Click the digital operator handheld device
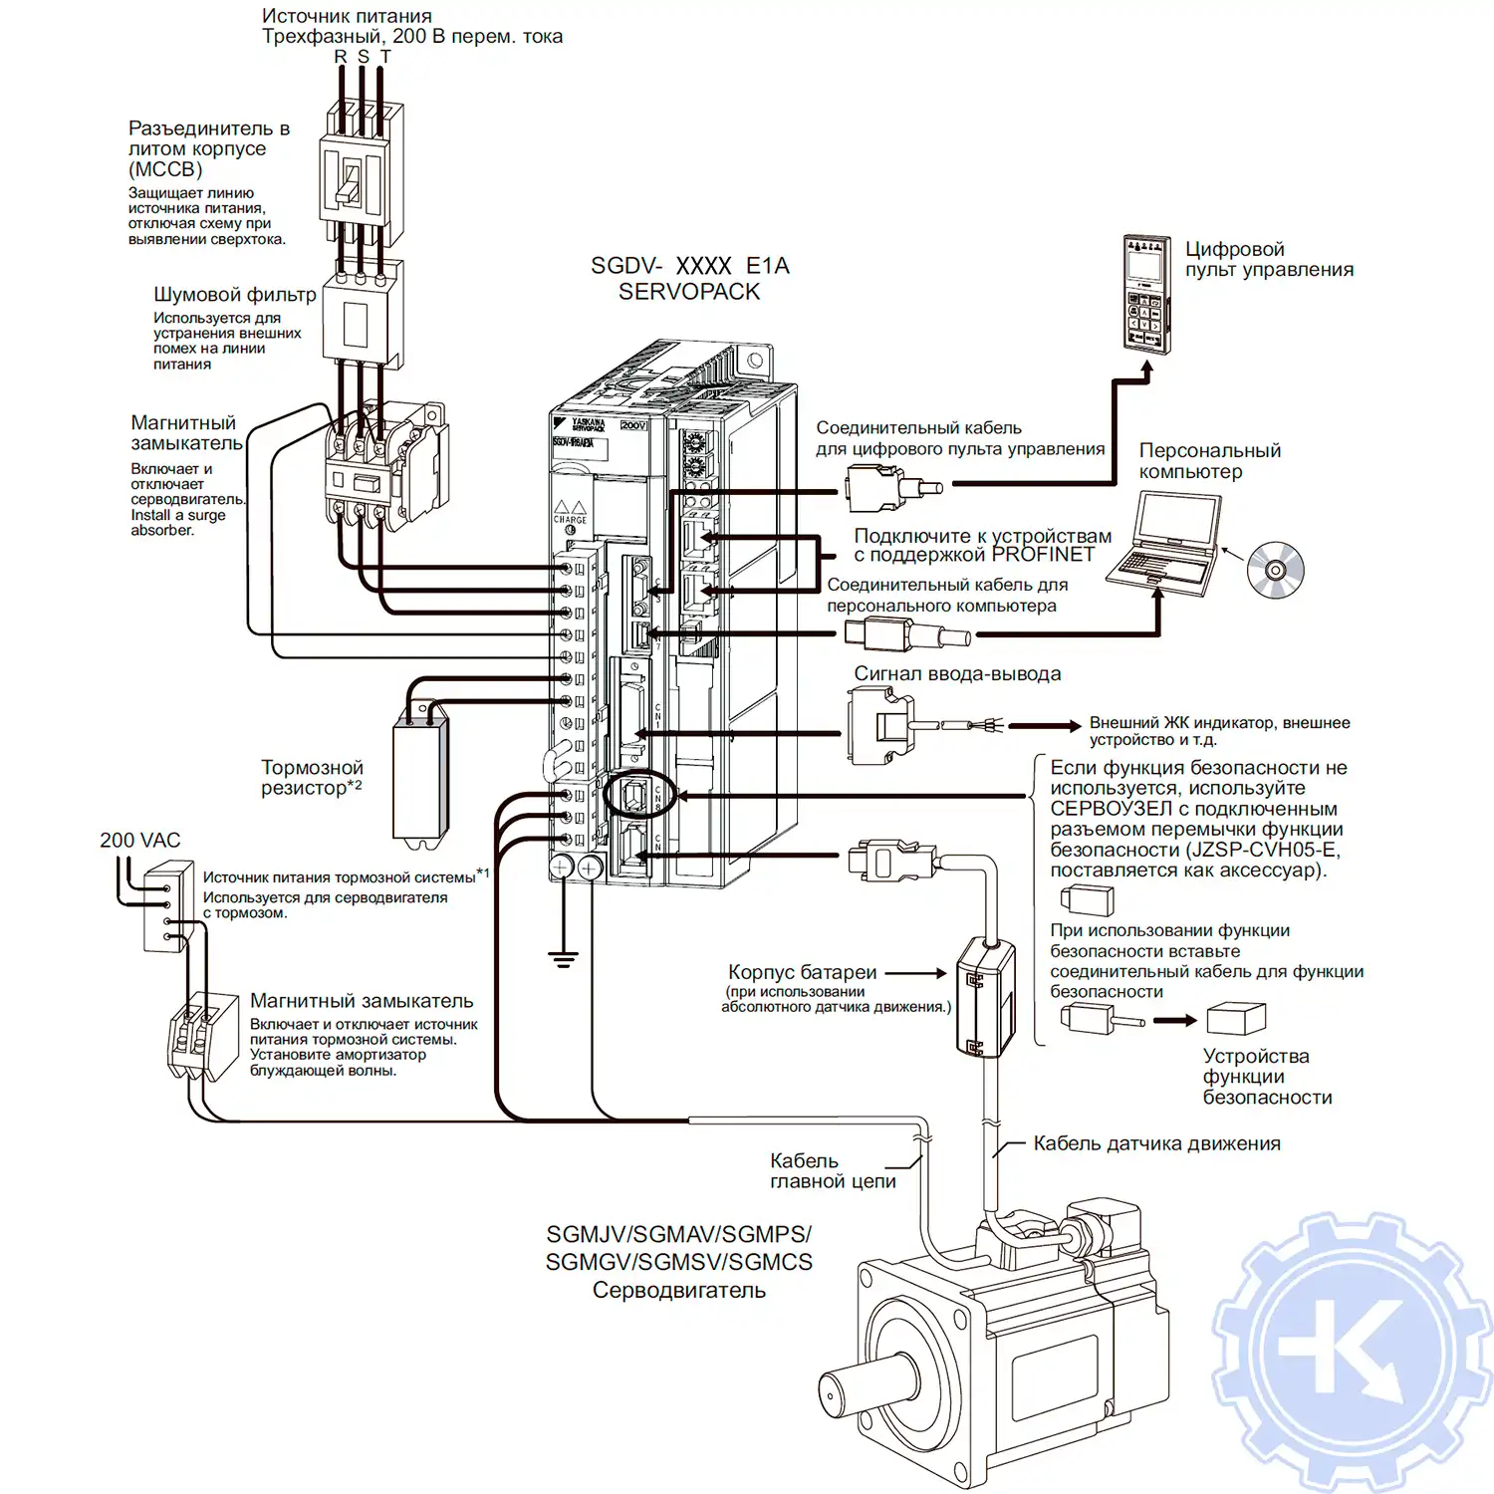[1146, 294]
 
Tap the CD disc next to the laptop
[1275, 570]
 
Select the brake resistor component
[420, 782]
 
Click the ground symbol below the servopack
[563, 959]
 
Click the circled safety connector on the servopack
[638, 795]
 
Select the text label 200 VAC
[139, 841]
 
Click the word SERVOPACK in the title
[688, 292]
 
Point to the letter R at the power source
[341, 57]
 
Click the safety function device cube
[1235, 1019]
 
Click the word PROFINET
[1043, 555]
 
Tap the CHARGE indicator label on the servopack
[570, 520]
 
